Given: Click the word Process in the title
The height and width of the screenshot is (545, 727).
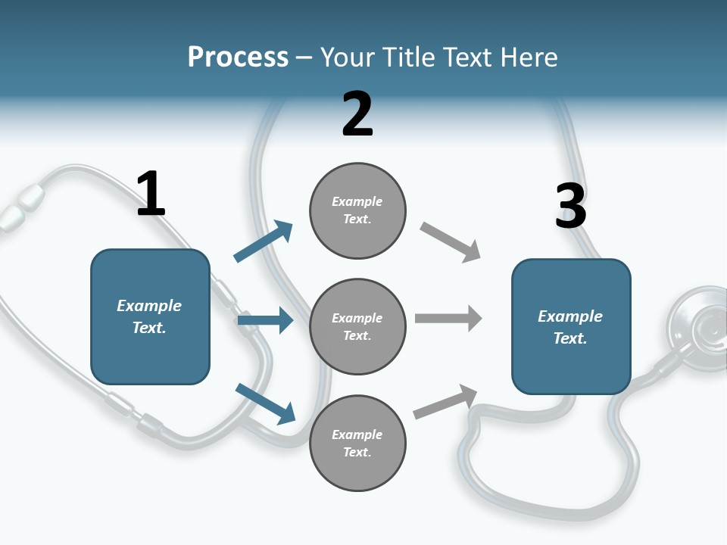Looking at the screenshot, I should click(238, 58).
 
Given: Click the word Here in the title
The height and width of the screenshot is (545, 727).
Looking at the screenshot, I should click(528, 58).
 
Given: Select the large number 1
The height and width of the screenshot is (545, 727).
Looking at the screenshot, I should click(151, 195).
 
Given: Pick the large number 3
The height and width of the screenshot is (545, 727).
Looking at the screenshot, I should click(570, 207).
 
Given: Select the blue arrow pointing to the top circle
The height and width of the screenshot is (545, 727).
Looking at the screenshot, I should click(263, 241).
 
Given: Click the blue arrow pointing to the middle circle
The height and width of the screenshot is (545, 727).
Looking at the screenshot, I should click(265, 320).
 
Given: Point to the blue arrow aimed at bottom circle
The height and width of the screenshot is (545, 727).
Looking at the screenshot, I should click(265, 403).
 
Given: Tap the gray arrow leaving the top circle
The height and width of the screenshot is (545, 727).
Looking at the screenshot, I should click(450, 242).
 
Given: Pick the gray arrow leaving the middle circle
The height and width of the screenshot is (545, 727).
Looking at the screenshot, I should click(448, 318).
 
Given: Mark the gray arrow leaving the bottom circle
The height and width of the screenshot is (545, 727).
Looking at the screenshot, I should click(445, 402).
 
